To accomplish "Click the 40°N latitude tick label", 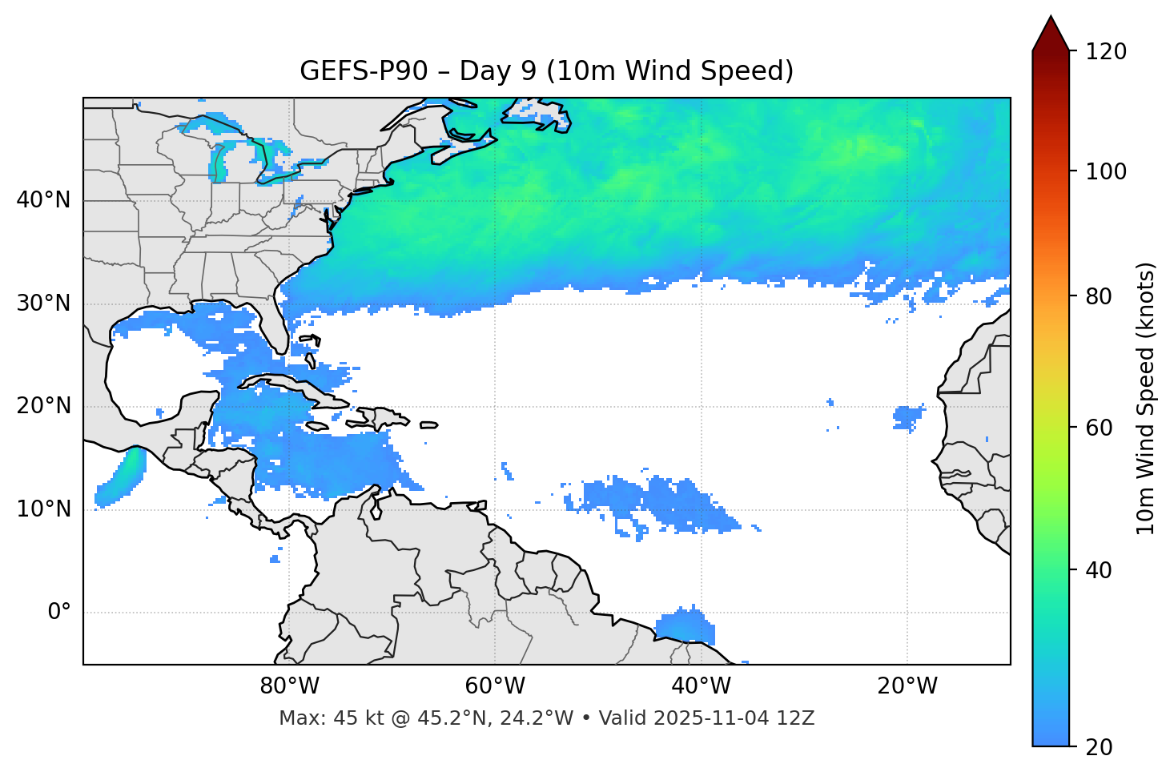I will pos(43,200).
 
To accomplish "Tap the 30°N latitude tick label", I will pos(43,304).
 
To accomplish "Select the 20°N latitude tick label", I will pos(43,406).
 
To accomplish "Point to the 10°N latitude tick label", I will pos(43,509).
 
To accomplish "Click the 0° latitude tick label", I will pos(59,613).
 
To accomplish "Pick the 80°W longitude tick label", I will pos(289,686).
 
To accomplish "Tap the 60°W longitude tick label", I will pos(495,686).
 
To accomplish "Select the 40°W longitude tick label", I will pos(701,686).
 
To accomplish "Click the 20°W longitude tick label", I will pos(907,686).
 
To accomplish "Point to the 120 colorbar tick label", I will pos(1106,52).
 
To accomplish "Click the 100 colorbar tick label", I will pos(1106,171).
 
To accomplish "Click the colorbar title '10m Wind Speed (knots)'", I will pos(1146,398).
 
